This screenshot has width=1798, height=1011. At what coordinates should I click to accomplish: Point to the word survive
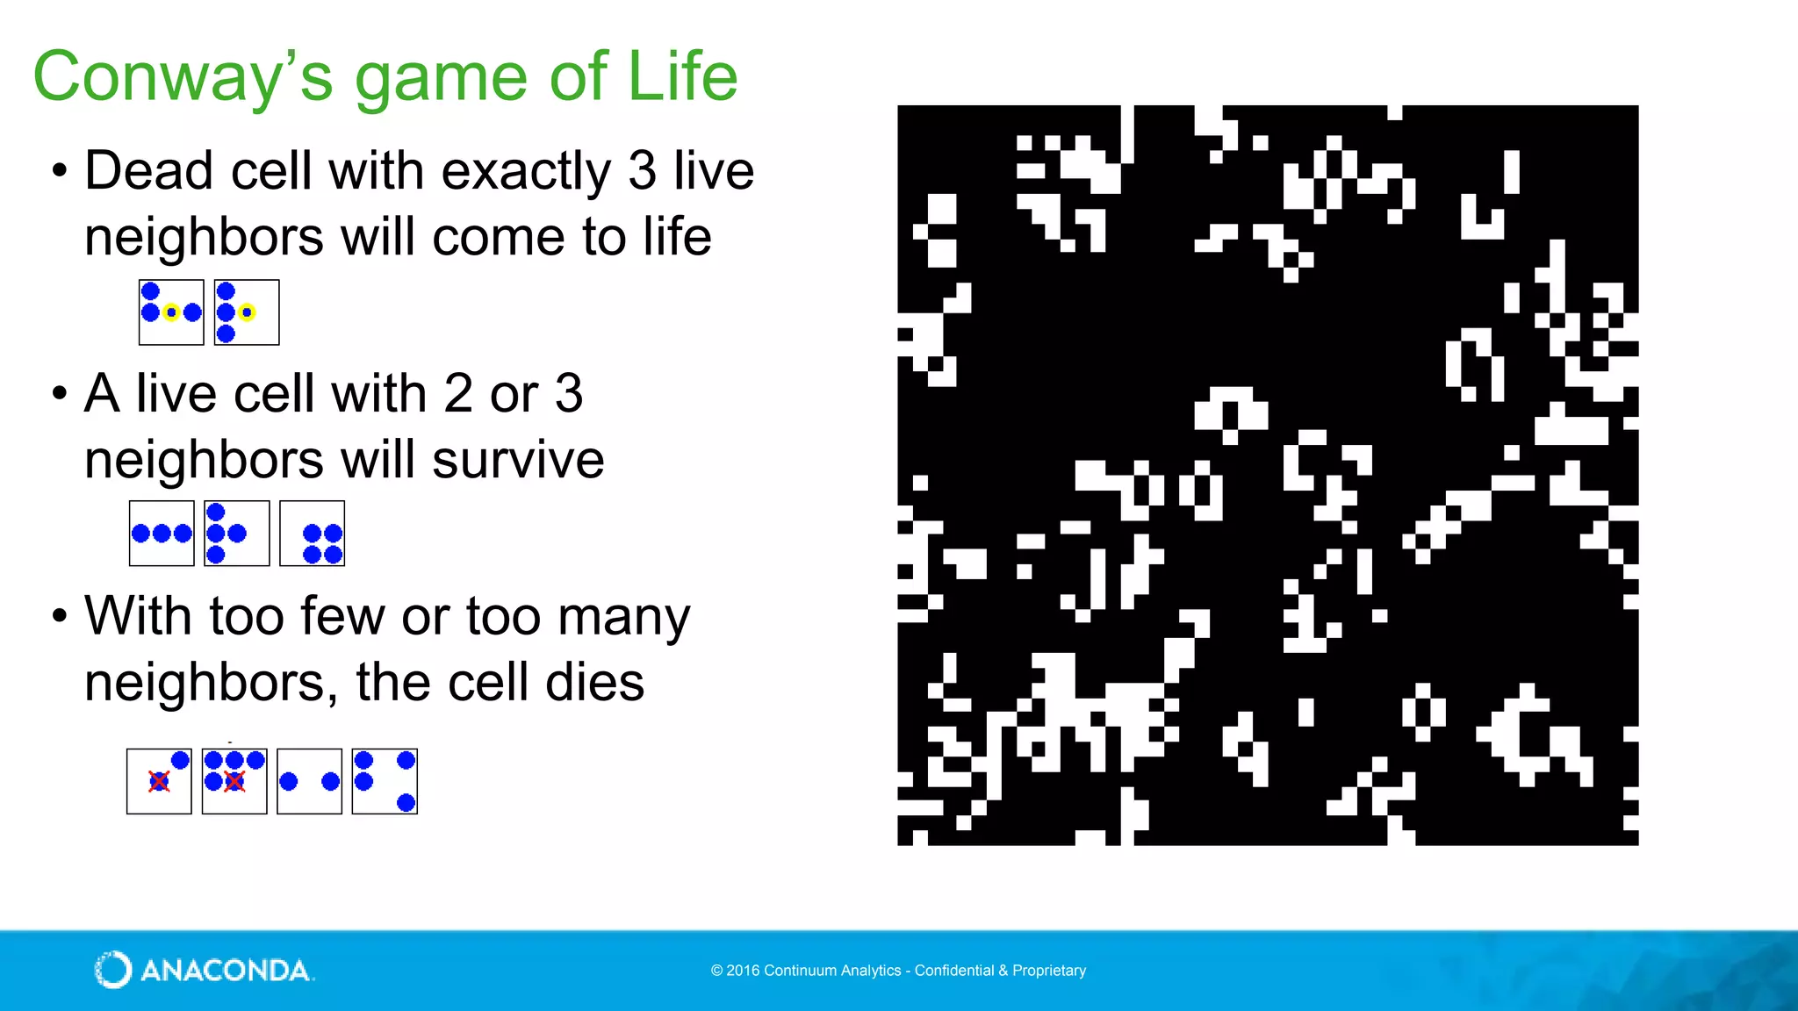tap(518, 460)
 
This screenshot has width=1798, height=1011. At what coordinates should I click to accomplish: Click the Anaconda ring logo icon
tap(112, 970)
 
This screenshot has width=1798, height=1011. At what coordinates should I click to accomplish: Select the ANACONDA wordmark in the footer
tap(226, 971)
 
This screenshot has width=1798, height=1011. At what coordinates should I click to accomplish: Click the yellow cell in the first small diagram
tap(171, 312)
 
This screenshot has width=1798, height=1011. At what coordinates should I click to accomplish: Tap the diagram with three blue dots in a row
tap(162, 534)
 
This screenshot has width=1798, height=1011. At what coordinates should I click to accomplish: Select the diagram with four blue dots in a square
tap(313, 534)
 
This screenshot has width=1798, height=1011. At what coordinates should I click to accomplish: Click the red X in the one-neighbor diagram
tap(159, 781)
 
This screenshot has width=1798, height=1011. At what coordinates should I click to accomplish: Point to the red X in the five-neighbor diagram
tap(234, 781)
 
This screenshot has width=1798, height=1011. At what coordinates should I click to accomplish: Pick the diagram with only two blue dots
tap(309, 781)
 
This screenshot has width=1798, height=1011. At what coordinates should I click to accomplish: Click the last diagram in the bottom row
tap(385, 781)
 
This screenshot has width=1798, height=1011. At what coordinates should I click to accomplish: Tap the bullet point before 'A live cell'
tap(59, 393)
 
